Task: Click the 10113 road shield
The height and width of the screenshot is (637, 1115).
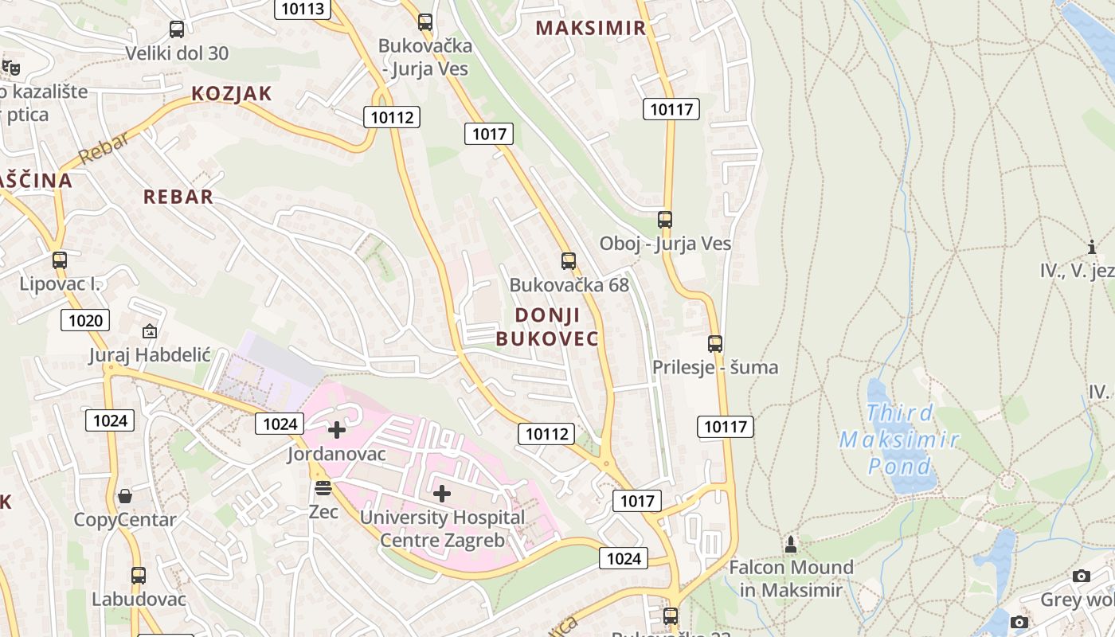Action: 303,9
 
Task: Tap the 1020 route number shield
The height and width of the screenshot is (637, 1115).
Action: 85,320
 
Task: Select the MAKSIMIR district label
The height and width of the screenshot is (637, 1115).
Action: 590,29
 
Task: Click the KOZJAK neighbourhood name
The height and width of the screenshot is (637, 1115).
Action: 232,94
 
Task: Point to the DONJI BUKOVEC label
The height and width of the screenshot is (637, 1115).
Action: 547,326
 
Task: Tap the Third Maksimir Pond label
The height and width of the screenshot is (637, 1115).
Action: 899,439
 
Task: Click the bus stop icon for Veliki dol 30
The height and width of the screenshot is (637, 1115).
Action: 177,29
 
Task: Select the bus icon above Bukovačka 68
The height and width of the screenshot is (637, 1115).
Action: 568,260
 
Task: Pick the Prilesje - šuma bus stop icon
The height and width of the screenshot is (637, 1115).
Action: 715,344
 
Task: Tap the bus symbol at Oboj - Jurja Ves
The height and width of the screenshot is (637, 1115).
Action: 664,219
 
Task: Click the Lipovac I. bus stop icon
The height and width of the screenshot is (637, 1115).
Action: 60,260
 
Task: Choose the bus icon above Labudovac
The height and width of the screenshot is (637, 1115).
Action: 139,575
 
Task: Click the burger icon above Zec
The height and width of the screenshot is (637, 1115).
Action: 323,487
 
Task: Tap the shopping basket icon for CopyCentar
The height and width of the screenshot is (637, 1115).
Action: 125,496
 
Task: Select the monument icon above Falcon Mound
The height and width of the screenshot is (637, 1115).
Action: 791,545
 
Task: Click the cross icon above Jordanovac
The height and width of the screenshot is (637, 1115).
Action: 337,430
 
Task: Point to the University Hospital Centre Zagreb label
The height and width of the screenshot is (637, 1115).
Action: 442,529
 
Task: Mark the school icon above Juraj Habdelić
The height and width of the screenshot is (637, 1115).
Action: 149,331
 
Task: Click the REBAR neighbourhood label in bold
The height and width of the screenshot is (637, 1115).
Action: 178,197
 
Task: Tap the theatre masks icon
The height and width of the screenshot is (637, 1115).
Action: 10,68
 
